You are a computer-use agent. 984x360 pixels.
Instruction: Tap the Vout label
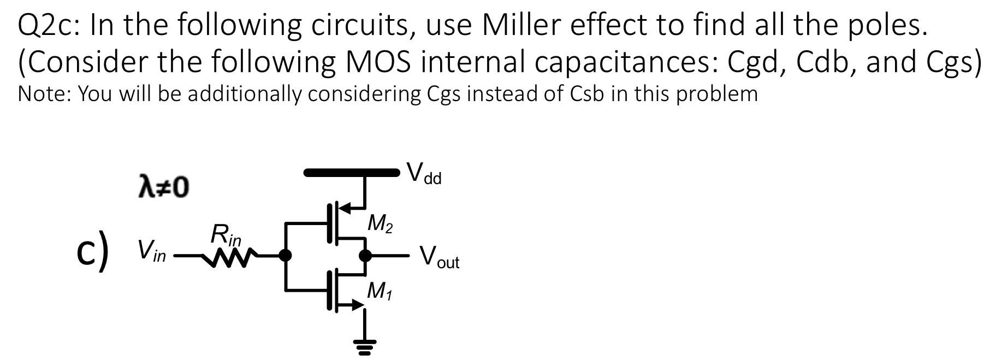[439, 257]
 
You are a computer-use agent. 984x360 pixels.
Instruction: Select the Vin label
[151, 252]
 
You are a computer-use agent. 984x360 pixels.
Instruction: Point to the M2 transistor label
[380, 223]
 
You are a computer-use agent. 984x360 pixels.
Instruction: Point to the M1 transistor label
[380, 291]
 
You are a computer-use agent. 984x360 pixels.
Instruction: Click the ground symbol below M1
[361, 344]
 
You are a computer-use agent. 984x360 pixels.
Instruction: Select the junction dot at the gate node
[284, 255]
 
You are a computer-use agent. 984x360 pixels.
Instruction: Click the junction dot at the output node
[365, 255]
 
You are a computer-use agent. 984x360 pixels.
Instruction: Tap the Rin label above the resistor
[224, 235]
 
